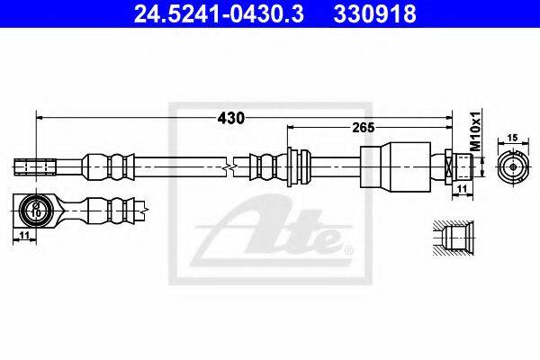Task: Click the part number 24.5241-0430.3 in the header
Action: point(219,13)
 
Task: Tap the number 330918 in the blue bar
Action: point(374,13)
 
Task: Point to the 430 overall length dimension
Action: point(230,118)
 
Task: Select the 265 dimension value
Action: point(364,128)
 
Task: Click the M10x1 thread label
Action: point(475,131)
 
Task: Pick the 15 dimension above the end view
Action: point(513,138)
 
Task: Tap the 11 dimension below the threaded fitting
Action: point(462,188)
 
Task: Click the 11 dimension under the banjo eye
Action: point(23,235)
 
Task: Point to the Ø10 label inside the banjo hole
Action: point(35,210)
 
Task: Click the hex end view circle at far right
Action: point(513,166)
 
